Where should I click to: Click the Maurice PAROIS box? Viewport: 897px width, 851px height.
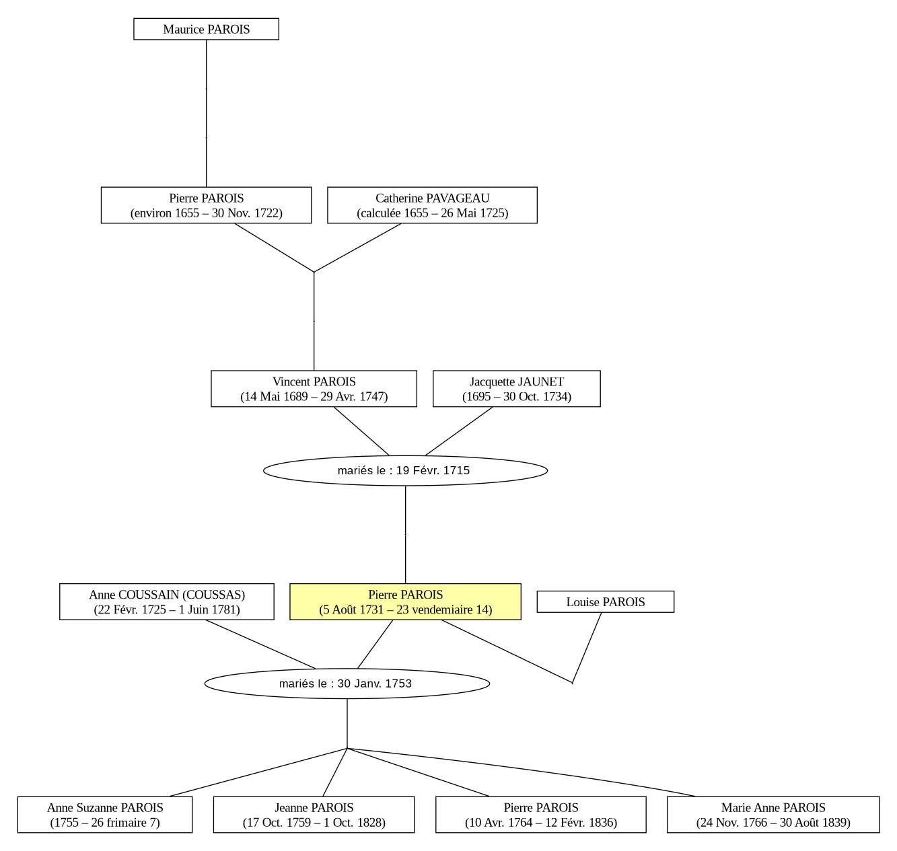206,29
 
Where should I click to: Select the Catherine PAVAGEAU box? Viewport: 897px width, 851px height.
432,205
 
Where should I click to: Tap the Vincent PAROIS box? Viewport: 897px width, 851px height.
314,389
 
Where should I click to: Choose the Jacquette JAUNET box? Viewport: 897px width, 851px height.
517,389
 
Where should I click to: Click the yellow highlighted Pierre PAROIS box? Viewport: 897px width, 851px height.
405,602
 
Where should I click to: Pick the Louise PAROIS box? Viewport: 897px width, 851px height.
606,602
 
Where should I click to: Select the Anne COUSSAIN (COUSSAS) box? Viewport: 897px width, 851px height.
166,602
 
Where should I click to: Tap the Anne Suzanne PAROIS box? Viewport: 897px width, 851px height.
105,815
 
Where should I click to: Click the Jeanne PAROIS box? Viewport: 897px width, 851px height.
314,815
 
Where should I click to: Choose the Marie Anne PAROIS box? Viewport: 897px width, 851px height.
773,815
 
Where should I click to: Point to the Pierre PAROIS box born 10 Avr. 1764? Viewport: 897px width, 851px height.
540,815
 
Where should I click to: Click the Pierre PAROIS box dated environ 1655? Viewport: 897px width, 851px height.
206,205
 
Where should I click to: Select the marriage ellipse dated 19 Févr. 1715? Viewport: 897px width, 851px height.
405,470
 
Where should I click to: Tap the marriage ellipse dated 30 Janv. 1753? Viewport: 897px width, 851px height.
347,683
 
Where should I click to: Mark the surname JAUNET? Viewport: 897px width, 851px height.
541,382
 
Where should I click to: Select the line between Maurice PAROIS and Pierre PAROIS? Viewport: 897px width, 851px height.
206,113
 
